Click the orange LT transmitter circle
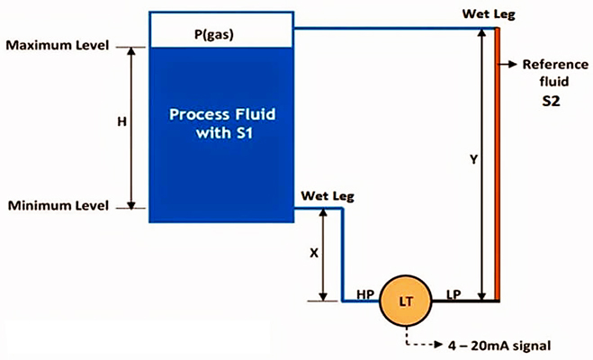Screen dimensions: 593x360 [406, 301]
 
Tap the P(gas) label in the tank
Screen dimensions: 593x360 [214, 34]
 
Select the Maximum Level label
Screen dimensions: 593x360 [58, 45]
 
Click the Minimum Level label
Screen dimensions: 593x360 [58, 206]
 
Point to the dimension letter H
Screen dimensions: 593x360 [121, 121]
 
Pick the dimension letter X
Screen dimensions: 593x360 [314, 253]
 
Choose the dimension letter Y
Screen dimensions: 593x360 [474, 160]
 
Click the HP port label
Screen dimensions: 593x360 [365, 294]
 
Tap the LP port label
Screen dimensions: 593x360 [454, 294]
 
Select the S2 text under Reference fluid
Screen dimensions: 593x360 [551, 102]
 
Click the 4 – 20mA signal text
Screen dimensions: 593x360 [499, 346]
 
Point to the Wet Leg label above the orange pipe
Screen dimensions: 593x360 [489, 14]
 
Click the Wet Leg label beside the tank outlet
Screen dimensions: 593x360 [328, 196]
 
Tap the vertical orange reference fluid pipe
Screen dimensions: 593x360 [498, 165]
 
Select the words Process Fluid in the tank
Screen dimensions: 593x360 [222, 114]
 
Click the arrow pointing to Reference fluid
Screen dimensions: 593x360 [508, 64]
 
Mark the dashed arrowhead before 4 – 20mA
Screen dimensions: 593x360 [439, 345]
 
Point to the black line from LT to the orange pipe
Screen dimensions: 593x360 [465, 301]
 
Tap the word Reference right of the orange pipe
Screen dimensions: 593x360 [555, 65]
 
